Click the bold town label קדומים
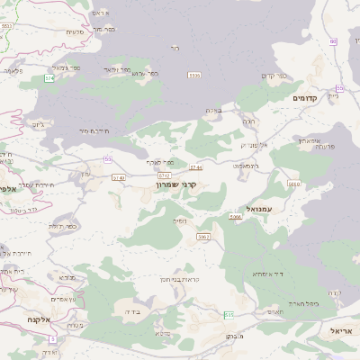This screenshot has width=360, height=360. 307,97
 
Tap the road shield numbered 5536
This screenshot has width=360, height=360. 193,75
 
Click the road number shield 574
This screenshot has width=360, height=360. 49,78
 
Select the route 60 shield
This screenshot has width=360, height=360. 332,41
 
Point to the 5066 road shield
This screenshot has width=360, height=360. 236,217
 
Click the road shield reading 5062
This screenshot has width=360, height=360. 203,237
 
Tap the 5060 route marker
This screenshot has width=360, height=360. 293,184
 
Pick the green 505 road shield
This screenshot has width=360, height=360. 229,314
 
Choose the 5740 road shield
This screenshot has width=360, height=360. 119,177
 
